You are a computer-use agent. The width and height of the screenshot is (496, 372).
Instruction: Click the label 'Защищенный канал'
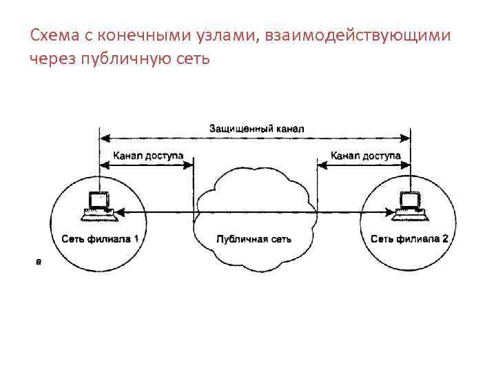[x=256, y=128]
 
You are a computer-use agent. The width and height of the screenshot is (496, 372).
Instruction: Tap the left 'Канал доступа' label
[x=148, y=156]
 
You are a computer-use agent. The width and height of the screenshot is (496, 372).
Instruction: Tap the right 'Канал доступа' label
[x=365, y=156]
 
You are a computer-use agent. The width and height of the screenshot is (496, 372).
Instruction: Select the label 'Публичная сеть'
[x=254, y=239]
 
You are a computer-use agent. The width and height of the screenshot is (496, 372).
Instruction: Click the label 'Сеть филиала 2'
[x=409, y=239]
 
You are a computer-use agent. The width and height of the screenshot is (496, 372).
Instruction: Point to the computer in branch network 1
[x=99, y=205]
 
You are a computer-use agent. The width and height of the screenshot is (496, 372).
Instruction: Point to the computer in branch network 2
[x=409, y=205]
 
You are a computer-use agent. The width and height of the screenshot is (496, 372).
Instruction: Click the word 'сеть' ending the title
[x=188, y=59]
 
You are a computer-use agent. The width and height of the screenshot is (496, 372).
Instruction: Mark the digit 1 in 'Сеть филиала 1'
[x=136, y=239]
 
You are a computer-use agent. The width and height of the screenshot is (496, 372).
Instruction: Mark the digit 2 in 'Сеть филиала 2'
[x=444, y=239]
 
